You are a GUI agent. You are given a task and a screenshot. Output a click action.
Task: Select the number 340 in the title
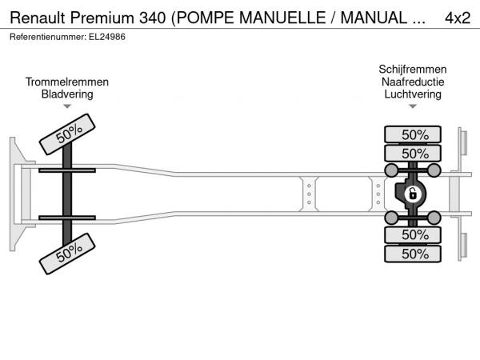pyautogui.click(x=153, y=18)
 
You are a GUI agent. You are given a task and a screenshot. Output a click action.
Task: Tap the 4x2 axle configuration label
pyautogui.click(x=458, y=18)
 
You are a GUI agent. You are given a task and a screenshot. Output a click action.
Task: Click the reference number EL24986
pyautogui.click(x=107, y=37)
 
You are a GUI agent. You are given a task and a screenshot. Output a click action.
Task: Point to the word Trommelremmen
pyautogui.click(x=67, y=82)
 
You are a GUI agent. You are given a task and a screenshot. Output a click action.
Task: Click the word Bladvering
pyautogui.click(x=67, y=94)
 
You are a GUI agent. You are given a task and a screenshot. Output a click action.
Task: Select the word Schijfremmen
pyautogui.click(x=413, y=70)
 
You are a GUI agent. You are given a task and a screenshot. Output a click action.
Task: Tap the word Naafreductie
pyautogui.click(x=413, y=82)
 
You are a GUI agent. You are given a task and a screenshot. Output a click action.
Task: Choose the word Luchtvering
pyautogui.click(x=413, y=94)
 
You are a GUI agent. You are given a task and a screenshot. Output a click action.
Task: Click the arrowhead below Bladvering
pyautogui.click(x=67, y=106)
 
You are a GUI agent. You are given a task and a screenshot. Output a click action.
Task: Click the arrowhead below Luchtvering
pyautogui.click(x=413, y=106)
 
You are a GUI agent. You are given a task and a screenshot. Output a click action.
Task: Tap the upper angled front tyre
pyautogui.click(x=67, y=134)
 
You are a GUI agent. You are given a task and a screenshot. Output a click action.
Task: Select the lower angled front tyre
pyautogui.click(x=67, y=254)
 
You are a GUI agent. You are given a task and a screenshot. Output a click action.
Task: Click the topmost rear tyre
pyautogui.click(x=413, y=134)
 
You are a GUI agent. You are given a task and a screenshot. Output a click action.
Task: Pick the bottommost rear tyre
pyautogui.click(x=413, y=254)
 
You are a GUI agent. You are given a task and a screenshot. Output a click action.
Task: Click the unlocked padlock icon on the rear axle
pyautogui.click(x=412, y=194)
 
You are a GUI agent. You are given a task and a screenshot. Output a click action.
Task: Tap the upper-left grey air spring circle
pyautogui.click(x=391, y=170)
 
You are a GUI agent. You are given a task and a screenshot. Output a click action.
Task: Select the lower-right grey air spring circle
pyautogui.click(x=434, y=218)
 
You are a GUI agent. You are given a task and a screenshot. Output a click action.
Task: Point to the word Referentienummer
pyautogui.click(x=48, y=37)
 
